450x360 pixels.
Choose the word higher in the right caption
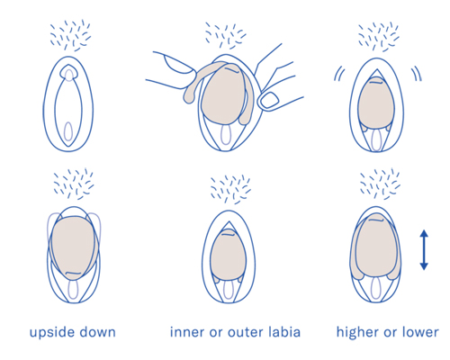point(358,333)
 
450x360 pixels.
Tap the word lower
point(420,332)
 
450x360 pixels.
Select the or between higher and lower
point(391,334)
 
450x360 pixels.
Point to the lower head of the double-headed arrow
point(424,266)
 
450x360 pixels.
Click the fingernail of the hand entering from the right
point(269,100)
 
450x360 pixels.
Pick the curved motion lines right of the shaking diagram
point(417,74)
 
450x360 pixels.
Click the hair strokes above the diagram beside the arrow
point(380,184)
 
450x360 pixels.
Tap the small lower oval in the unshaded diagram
point(68,131)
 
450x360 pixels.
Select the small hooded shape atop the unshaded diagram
point(69,72)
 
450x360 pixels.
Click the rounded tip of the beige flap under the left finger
point(189,97)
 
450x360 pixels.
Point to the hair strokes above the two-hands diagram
point(225,35)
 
